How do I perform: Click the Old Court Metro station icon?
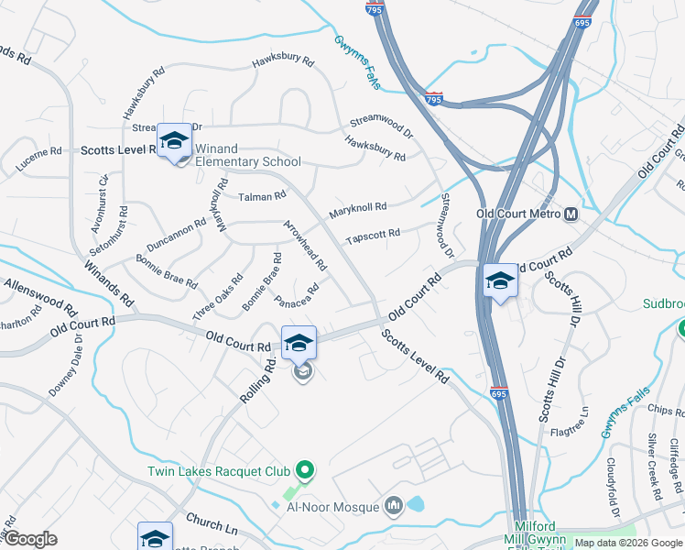coord(571,214)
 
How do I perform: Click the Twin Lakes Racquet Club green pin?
coord(307,471)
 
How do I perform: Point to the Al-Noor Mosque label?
coord(332,506)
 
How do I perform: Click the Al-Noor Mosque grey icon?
coord(395,505)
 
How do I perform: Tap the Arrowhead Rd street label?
coord(306,244)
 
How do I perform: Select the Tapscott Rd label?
coord(373,236)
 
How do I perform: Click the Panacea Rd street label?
coord(296,295)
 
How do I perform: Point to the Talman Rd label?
coord(262,195)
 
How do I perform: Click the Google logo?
coord(29,539)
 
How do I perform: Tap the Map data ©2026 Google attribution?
coord(628,543)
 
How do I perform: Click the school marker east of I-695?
coord(500,281)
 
